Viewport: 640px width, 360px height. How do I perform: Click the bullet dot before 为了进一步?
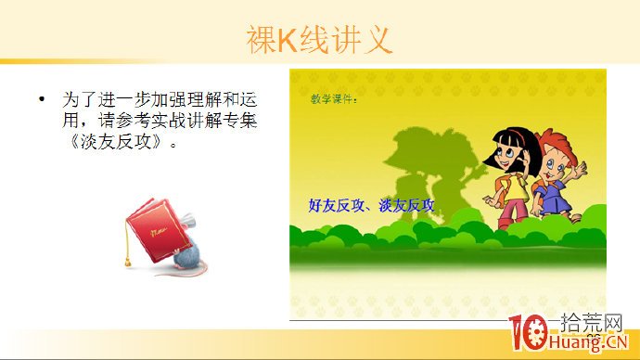42,97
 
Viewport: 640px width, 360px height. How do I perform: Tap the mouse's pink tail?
167,273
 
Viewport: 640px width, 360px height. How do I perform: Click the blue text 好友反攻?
339,206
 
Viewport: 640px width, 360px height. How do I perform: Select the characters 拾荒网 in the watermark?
594,324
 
